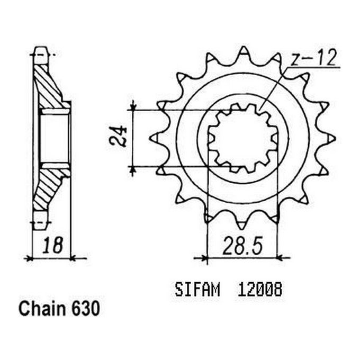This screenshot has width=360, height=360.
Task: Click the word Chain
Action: pos(40,309)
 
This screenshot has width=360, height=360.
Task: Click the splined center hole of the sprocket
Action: pos(242,139)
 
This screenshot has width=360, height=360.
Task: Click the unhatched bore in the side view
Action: pos(55,139)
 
